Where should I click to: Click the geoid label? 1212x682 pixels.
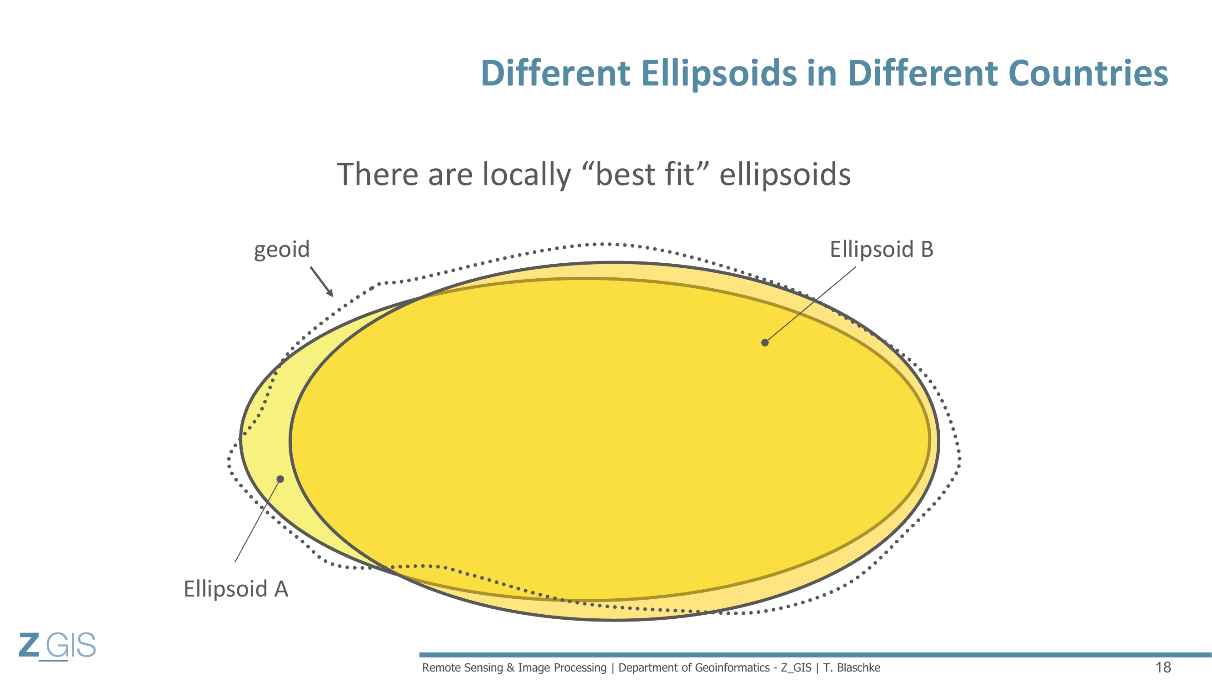click(282, 250)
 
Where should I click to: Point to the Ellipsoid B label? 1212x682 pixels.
click(881, 249)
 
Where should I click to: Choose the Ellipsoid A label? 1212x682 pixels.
click(236, 589)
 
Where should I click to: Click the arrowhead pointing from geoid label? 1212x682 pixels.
click(330, 292)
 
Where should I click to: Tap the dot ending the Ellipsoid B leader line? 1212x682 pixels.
click(764, 343)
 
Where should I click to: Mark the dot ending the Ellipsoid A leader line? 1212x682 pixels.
click(280, 479)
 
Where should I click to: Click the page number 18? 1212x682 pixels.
click(1163, 667)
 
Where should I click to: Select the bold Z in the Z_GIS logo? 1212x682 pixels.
click(29, 645)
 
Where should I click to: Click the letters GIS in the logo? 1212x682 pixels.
click(71, 645)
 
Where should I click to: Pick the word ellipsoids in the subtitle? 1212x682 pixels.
click(785, 175)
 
